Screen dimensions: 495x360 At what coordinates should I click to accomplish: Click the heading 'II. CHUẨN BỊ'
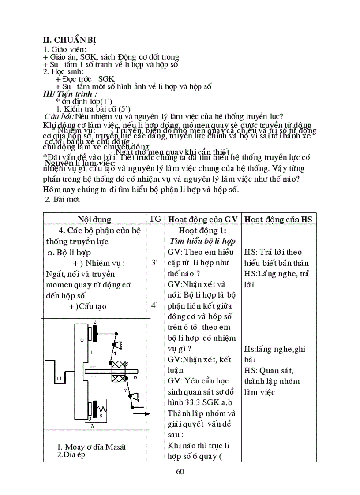(x=67, y=40)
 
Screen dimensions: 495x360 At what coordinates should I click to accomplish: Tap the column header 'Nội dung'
(x=94, y=219)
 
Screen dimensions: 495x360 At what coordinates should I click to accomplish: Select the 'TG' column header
(x=155, y=219)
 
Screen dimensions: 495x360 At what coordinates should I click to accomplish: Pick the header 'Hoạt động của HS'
(x=280, y=219)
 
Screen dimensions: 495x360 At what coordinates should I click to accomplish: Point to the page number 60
(x=180, y=472)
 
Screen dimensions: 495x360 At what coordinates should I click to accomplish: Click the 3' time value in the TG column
(x=155, y=263)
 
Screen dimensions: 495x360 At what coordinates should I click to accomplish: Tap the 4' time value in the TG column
(x=155, y=305)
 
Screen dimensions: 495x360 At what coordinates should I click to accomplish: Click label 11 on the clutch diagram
(x=59, y=379)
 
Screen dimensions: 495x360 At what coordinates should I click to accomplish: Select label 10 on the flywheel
(x=81, y=340)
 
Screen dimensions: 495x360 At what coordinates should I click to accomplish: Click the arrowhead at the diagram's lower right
(x=147, y=414)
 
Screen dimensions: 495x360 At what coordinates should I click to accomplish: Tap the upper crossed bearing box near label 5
(x=118, y=365)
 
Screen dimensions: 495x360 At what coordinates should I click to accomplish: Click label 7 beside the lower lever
(x=125, y=391)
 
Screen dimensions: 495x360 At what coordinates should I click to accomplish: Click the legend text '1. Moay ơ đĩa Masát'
(x=92, y=447)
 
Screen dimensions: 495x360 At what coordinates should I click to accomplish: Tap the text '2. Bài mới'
(x=63, y=199)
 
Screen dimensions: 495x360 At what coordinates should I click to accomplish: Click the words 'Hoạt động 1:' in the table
(x=202, y=231)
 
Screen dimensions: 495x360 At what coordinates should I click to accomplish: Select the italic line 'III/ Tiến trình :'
(x=70, y=94)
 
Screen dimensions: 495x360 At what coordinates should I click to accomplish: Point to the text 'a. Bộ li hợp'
(x=68, y=252)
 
